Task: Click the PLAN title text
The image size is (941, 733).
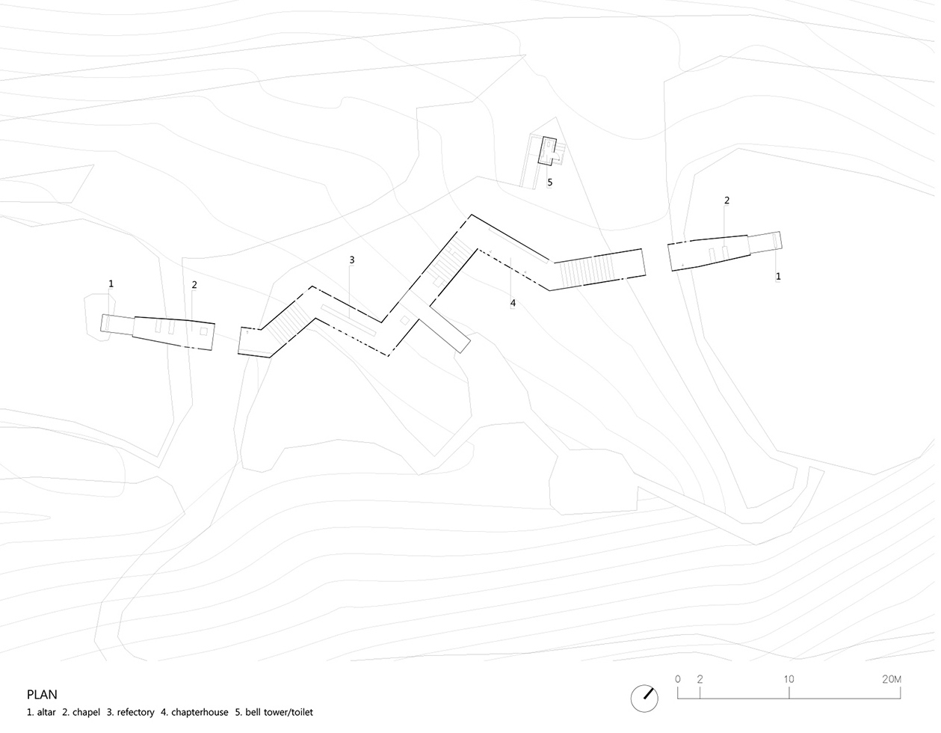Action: (x=42, y=694)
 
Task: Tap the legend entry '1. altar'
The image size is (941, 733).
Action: (x=41, y=712)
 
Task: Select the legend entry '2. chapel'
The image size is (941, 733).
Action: (x=81, y=712)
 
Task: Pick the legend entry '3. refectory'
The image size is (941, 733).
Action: (x=130, y=712)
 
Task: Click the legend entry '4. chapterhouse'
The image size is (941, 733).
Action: (x=194, y=712)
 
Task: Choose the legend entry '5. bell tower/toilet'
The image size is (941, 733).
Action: (x=274, y=712)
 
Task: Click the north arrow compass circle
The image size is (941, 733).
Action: (x=644, y=699)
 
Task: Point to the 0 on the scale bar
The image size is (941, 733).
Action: (x=678, y=679)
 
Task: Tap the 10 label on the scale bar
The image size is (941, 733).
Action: (x=789, y=679)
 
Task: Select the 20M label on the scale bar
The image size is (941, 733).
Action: (x=891, y=679)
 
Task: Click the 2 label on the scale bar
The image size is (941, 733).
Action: (x=700, y=679)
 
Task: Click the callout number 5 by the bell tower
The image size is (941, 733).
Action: (x=550, y=183)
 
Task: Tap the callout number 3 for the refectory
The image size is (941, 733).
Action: (x=352, y=260)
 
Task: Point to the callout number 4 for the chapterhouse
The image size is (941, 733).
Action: (x=513, y=303)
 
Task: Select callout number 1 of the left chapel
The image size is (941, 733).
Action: (x=111, y=283)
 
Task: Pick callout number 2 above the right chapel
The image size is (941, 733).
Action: (x=726, y=200)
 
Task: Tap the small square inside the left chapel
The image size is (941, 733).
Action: (x=203, y=332)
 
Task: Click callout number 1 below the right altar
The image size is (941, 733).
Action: (x=778, y=277)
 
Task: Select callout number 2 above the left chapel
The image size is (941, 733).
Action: (x=194, y=285)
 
